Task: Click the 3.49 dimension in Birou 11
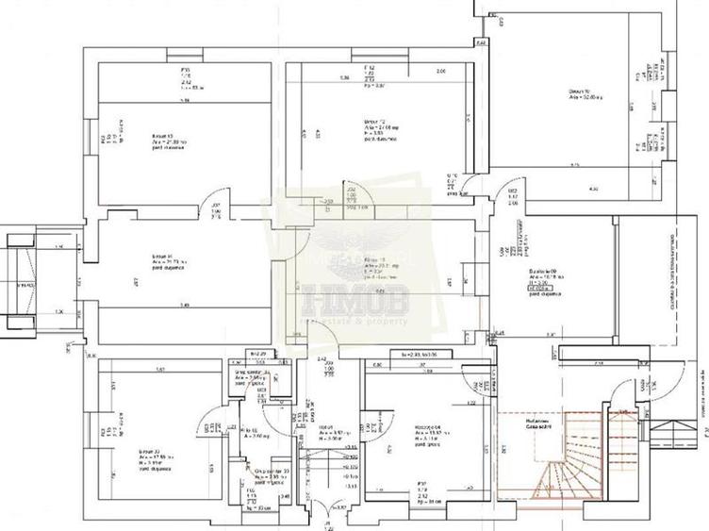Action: pyautogui.click(x=185, y=305)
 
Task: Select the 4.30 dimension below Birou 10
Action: pyautogui.click(x=593, y=190)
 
